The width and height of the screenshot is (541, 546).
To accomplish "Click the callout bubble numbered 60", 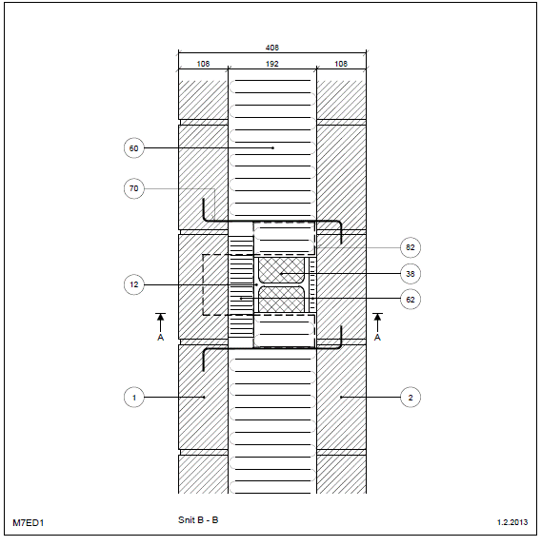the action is click(134, 148).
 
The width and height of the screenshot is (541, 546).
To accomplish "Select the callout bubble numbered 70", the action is click(134, 188).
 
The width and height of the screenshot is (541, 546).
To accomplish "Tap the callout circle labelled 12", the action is click(134, 284).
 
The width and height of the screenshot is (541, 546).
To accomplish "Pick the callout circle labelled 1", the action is click(134, 398).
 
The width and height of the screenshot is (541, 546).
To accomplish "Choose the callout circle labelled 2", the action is click(411, 398).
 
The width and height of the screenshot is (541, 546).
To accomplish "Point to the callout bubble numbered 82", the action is click(411, 247).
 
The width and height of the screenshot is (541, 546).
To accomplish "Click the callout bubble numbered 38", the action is click(411, 274).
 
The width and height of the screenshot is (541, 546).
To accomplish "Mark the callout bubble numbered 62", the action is click(411, 300).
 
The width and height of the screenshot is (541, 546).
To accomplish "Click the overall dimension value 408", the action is click(271, 48).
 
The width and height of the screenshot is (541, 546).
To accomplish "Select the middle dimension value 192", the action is click(271, 64).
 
